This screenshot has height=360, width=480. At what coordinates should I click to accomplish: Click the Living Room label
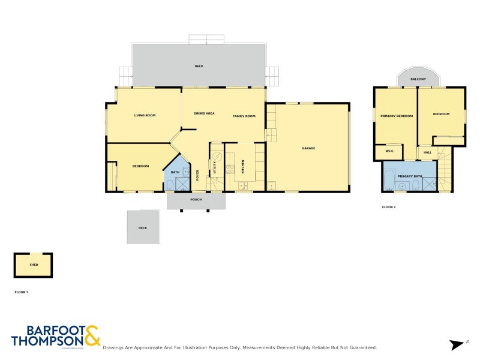(145, 115)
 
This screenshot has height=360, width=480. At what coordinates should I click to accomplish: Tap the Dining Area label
(204, 113)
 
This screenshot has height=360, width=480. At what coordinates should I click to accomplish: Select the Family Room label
(244, 116)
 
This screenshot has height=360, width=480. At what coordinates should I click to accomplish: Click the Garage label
(308, 148)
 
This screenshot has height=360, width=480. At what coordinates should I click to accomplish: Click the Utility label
(214, 167)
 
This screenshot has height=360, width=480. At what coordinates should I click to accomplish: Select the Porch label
(196, 200)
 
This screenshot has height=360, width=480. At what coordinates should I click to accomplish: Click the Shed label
(33, 263)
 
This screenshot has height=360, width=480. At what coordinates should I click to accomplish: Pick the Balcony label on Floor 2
(418, 79)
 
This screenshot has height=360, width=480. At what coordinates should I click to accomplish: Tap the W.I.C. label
(389, 152)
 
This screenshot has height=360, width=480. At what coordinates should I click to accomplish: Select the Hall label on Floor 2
(427, 152)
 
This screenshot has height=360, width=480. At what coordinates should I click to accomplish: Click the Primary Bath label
(409, 176)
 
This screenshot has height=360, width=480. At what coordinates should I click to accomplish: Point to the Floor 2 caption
(389, 207)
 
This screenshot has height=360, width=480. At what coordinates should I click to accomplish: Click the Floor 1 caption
(22, 292)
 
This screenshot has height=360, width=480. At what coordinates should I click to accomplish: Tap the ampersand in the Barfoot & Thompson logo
(92, 335)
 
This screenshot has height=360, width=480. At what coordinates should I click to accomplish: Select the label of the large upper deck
(199, 66)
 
